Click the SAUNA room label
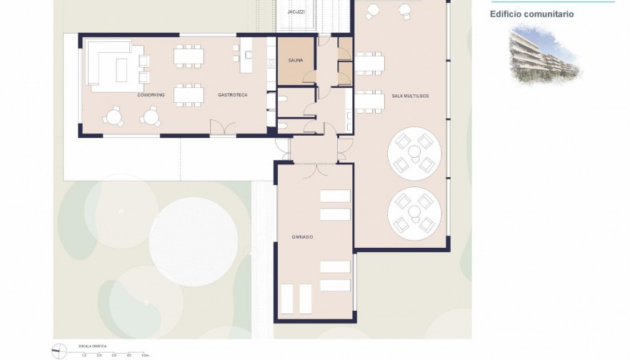[x=296, y=61]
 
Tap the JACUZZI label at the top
[x=296, y=12]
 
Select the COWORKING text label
[x=151, y=94]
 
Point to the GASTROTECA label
[x=232, y=94]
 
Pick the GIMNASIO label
[x=302, y=236]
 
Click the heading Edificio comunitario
[x=531, y=14]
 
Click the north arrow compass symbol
[x=60, y=351]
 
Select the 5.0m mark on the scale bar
[x=144, y=355]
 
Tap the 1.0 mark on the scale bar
[x=84, y=355]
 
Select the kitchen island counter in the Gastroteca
[x=246, y=56]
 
